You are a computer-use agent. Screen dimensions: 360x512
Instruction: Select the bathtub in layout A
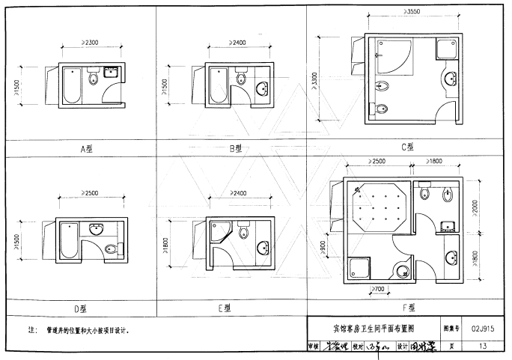[x=73, y=85]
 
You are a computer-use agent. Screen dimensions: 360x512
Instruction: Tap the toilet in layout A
[x=94, y=77]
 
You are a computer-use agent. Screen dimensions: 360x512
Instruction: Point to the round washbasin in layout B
[x=264, y=91]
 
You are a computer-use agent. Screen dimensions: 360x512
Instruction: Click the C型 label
[x=408, y=147]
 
